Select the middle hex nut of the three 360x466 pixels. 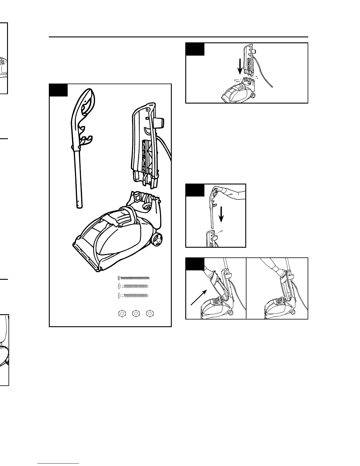(136, 313)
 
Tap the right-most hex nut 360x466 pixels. (150, 313)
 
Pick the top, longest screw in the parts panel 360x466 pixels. (134, 278)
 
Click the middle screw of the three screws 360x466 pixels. (133, 286)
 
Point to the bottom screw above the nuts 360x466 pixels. (133, 295)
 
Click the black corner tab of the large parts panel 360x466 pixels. (58, 90)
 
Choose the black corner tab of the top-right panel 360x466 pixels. (195, 49)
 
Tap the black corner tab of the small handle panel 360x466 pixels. (195, 190)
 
